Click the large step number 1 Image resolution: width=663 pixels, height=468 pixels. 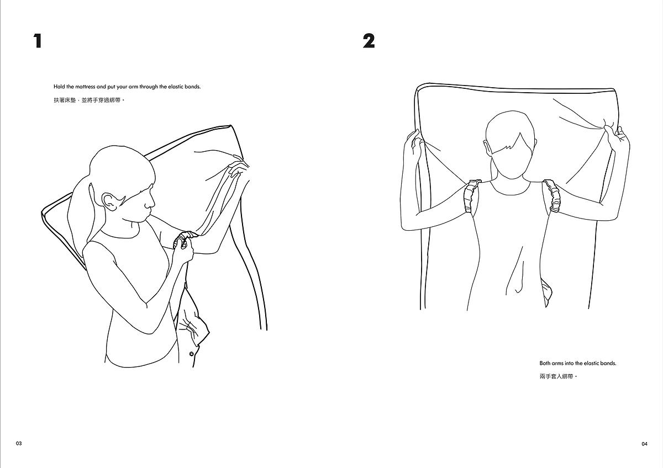coord(38,41)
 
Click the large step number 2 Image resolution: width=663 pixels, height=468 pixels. coord(369,41)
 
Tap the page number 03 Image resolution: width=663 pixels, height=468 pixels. coord(19,444)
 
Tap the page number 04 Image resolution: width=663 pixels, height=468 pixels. coord(644,444)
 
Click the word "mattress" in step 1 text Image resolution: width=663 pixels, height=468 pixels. coord(86,87)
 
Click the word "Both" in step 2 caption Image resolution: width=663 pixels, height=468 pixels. coord(545,363)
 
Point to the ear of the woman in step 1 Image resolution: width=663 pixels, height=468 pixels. coord(108,202)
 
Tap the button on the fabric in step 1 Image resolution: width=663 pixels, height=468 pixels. coord(191,354)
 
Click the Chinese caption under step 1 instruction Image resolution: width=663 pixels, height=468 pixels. coord(89,100)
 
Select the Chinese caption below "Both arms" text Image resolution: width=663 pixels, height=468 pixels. coord(558,376)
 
